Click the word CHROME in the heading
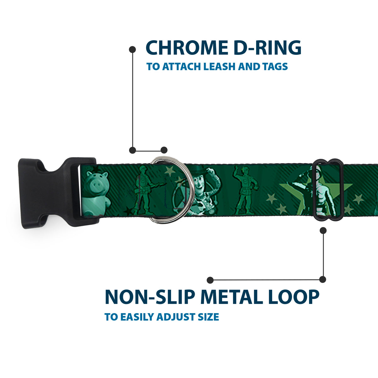click(186, 48)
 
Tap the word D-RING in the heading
click(267, 48)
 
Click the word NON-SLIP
click(150, 297)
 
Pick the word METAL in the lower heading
click(232, 297)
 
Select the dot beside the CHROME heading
click(132, 49)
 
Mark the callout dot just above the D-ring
click(164, 150)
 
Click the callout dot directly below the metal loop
click(323, 230)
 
